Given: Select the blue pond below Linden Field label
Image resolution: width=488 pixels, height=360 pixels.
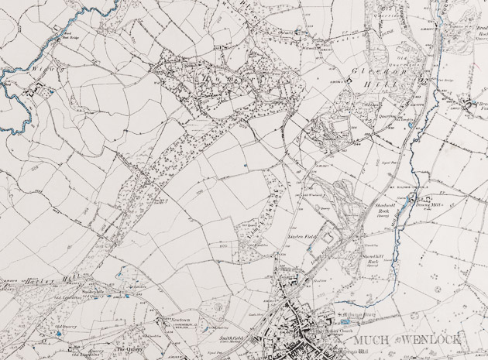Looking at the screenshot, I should [x=310, y=248].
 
